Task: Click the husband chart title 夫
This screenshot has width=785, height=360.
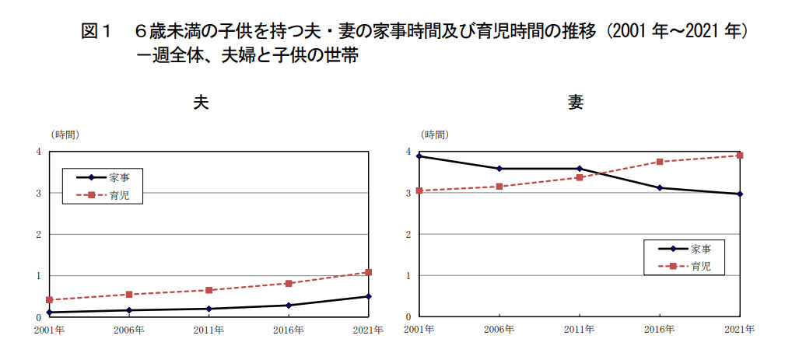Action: coord(202,102)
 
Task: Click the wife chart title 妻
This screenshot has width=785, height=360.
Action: coord(576,102)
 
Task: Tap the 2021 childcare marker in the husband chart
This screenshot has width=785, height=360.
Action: coord(368,272)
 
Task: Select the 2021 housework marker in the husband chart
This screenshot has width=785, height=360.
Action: coord(368,296)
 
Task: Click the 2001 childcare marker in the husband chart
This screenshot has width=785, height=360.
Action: coord(49,299)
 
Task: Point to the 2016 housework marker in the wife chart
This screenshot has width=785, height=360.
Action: coord(660,187)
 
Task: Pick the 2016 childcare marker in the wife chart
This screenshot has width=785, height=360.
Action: coord(660,162)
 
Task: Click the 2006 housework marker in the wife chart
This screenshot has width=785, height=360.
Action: coord(499,169)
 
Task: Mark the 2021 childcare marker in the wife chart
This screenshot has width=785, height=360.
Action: coord(739,156)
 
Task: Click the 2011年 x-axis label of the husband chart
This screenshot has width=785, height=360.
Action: coord(209,330)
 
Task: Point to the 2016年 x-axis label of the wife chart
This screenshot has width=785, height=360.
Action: coord(660,330)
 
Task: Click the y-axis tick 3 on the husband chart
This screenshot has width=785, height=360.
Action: coord(38,193)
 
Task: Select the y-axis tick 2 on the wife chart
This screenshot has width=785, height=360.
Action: coord(408,234)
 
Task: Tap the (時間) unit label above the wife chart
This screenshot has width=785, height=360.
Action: coord(434,135)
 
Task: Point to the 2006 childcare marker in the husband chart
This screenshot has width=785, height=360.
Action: coord(129,295)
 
